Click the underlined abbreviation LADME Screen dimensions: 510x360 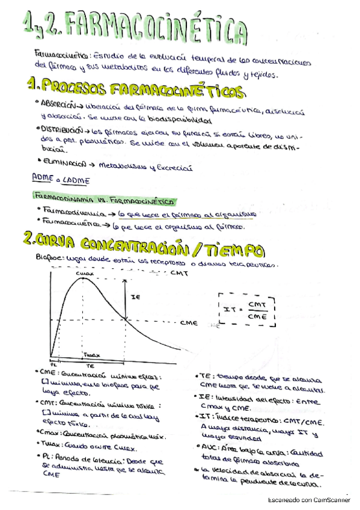(74, 179)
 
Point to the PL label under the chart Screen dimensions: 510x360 (52, 364)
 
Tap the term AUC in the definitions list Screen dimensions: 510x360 (209, 447)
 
